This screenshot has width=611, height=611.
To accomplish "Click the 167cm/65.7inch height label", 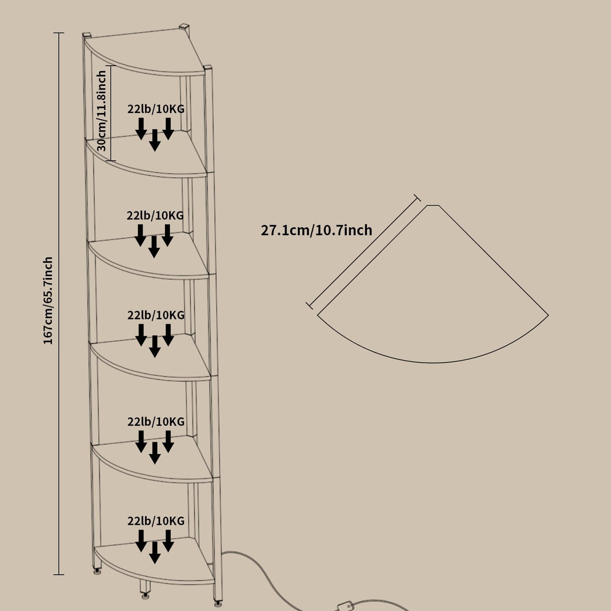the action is coord(48,300).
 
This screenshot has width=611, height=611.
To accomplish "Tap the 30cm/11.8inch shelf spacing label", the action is coord(101,110).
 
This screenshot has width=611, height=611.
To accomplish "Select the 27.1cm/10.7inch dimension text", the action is coord(316,230).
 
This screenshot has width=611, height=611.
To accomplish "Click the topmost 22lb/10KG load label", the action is coord(156,109).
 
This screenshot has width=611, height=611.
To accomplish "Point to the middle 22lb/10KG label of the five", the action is coord(156,315).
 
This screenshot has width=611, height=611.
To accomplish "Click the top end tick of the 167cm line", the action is coord(59,33).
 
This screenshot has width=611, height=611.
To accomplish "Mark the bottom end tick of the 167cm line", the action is coord(59,574).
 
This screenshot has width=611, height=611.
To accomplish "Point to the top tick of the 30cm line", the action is coord(110,66).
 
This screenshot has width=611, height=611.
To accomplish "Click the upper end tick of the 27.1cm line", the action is coord(418,198).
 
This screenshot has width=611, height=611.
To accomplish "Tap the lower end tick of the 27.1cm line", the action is coord(310,305).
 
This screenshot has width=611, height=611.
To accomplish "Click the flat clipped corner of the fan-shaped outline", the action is coord(433,206).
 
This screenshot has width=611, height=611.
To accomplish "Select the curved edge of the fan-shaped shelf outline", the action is coord(433,363).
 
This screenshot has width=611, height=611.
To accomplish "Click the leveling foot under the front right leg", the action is coord(217,601).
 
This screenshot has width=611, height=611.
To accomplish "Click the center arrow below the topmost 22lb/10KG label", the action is coord(154,140).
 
